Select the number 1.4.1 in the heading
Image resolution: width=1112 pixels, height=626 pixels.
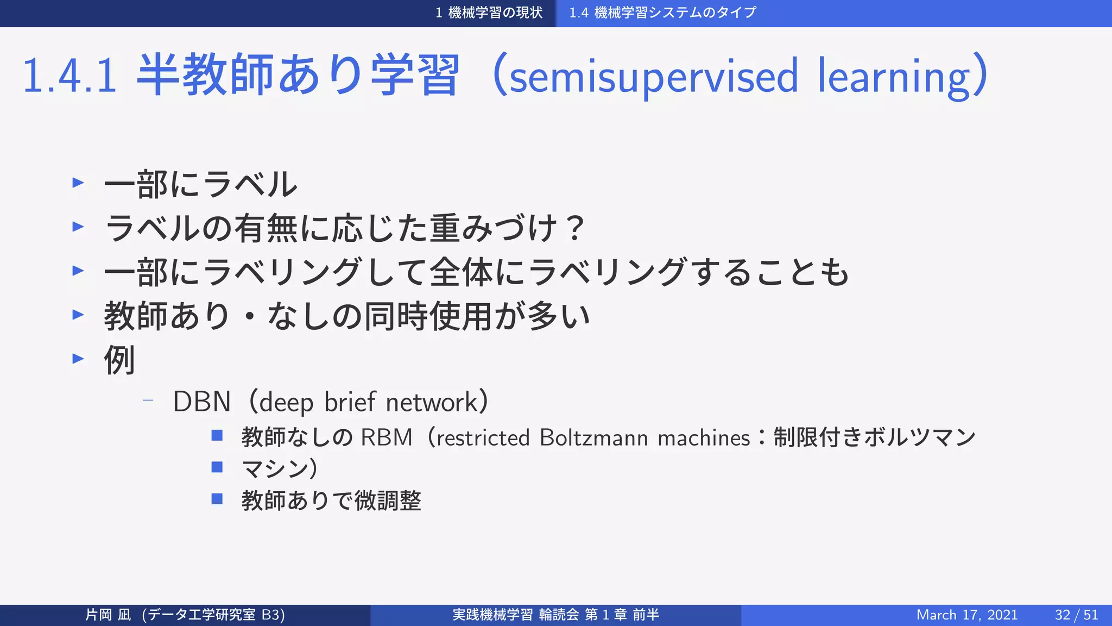[x=69, y=76]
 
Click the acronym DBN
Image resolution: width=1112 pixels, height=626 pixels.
[x=201, y=402]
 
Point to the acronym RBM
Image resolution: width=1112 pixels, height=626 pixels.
[x=387, y=437]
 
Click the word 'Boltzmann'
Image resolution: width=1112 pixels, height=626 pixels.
[x=593, y=437]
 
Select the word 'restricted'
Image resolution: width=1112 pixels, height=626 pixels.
[x=483, y=437]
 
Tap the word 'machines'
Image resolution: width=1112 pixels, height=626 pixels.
[x=704, y=437]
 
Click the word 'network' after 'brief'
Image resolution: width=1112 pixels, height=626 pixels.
[x=431, y=402]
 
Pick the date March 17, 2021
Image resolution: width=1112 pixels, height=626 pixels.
[x=966, y=615]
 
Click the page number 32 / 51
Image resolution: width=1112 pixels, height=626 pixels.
[x=1076, y=615]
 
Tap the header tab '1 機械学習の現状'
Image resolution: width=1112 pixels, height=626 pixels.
[x=489, y=12]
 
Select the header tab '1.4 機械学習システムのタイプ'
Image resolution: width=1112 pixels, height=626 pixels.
[x=662, y=12]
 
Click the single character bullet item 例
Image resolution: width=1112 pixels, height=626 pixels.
[x=119, y=360]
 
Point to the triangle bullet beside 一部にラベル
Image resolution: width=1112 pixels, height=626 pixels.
[x=78, y=183]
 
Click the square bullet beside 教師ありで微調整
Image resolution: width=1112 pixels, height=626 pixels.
[x=217, y=499]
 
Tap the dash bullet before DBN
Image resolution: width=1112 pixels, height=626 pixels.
[x=147, y=401]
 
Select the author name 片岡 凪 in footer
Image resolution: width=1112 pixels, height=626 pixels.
[x=108, y=615]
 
